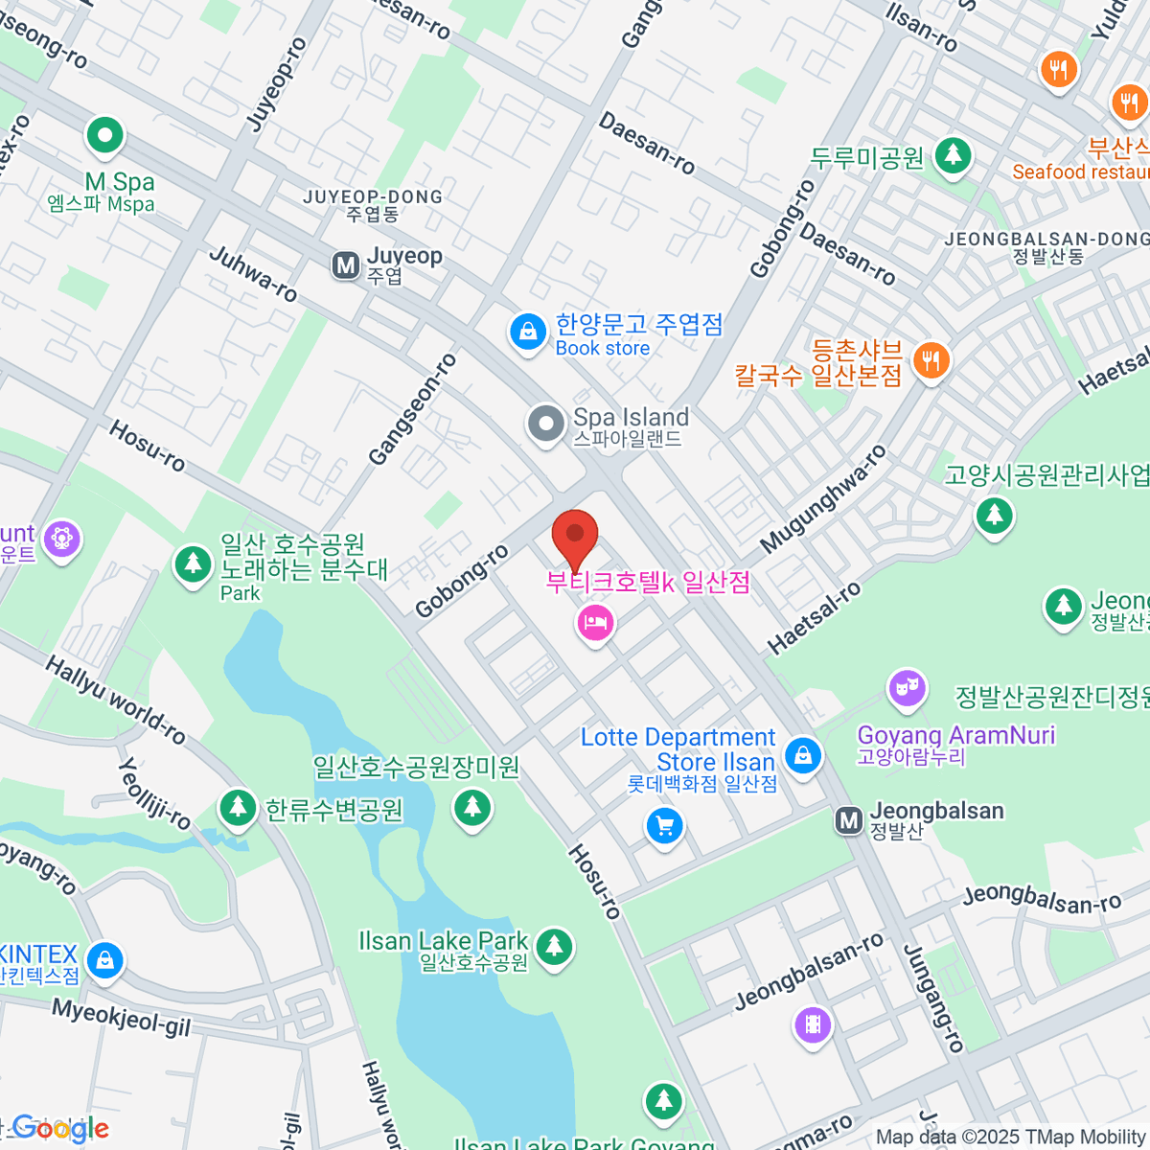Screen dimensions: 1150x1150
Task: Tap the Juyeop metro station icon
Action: [x=345, y=265]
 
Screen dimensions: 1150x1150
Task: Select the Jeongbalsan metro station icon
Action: [x=848, y=820]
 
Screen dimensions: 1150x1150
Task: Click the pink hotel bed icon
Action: [x=595, y=623]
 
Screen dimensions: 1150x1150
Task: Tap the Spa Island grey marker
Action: [x=546, y=424]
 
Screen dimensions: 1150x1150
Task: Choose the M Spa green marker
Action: [x=104, y=136]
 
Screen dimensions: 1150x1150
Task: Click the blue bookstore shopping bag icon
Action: [x=526, y=333]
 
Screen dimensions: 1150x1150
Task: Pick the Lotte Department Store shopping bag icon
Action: [x=803, y=755]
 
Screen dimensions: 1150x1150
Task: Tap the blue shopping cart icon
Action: [x=664, y=825]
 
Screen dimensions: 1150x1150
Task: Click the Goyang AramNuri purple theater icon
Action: [x=906, y=688]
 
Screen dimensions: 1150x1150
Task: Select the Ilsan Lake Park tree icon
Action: [x=553, y=947]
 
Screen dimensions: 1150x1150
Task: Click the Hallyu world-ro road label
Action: [x=116, y=700]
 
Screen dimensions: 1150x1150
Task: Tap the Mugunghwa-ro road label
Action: [x=823, y=499]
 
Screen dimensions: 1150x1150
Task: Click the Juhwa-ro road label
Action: [x=254, y=274]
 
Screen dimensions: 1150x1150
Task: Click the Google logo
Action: [x=59, y=1129]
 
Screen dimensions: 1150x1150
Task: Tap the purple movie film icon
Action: [x=813, y=1025]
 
